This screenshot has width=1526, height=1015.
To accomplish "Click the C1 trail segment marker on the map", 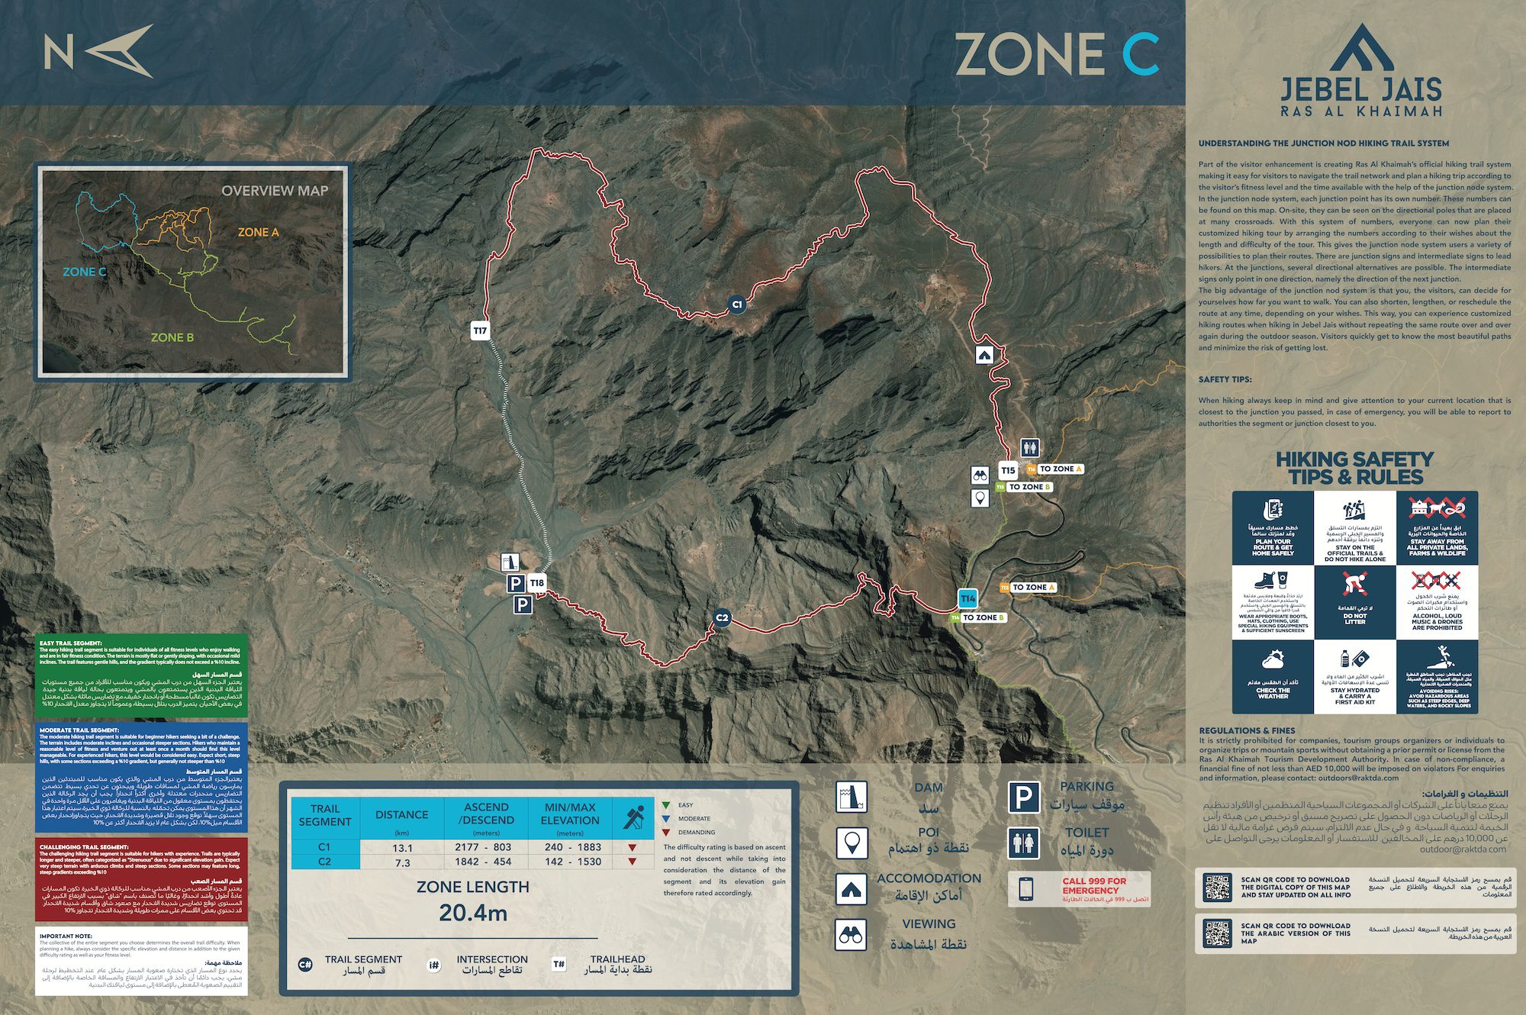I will click(736, 304).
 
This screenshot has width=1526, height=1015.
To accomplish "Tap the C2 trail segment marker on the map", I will click(722, 618).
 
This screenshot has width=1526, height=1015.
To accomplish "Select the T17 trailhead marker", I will click(479, 330).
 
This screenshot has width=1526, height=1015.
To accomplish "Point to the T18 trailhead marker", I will click(537, 583).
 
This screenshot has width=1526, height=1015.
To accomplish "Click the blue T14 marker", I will click(967, 598).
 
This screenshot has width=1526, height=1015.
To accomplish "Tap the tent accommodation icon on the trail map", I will click(984, 355).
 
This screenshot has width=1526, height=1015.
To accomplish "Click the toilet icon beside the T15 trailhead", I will click(1030, 448).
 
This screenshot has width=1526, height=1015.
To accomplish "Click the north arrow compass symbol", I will click(118, 51).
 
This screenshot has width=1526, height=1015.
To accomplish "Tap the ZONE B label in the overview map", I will click(172, 337).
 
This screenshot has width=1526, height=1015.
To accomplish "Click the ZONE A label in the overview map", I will click(258, 232).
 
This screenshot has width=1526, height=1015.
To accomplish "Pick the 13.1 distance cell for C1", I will click(402, 848).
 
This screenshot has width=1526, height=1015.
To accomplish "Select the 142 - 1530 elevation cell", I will click(570, 862).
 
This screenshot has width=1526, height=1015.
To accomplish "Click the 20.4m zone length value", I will click(473, 913).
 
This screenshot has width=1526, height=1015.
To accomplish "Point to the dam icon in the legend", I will click(851, 797).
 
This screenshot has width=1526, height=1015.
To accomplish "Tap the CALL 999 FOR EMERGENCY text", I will click(1093, 885).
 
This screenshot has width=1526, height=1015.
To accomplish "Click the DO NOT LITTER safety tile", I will click(1354, 602).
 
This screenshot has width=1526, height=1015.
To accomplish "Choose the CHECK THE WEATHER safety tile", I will click(1273, 677).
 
